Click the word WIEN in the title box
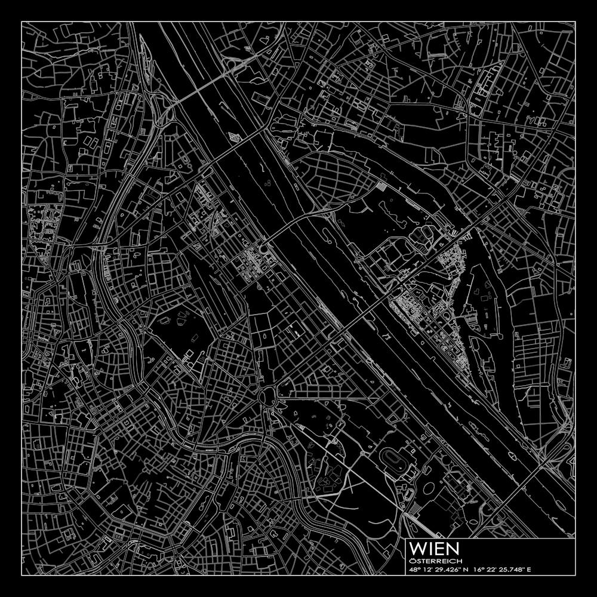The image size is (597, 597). [434, 548]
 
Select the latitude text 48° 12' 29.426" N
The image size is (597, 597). [439, 570]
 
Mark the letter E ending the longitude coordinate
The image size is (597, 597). [529, 570]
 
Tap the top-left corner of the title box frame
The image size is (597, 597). [406, 538]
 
